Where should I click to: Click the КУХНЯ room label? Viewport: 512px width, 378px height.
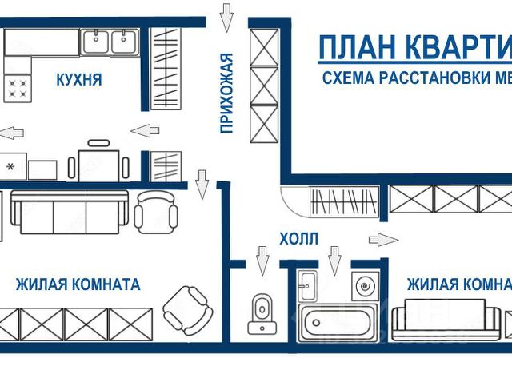coord(78,81)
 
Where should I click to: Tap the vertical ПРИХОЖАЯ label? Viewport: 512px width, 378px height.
coord(226,92)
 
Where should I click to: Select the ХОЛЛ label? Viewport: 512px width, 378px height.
coord(298,238)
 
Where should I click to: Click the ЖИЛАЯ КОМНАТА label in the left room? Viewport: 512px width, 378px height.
coord(78,284)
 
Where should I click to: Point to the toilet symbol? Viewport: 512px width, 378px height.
coord(260,313)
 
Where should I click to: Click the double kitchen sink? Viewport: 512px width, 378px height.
coord(111,41)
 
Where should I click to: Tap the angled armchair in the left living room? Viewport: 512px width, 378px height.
coord(185,308)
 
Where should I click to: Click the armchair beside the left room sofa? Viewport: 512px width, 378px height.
coord(155,210)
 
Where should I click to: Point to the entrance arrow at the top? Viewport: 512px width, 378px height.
coord(226,15)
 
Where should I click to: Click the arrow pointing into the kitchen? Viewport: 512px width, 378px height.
coord(144,130)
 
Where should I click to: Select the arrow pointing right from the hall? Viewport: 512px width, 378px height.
coord(383,239)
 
